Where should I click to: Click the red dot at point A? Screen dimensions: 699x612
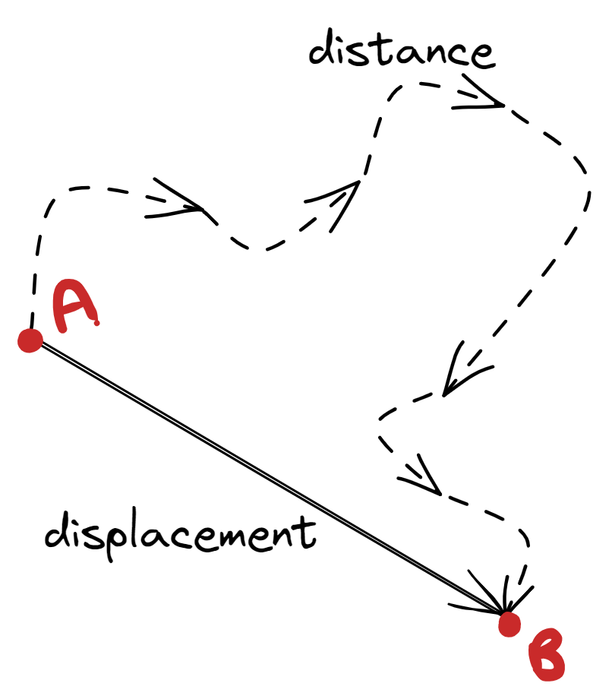30,340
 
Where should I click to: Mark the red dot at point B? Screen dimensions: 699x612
509,625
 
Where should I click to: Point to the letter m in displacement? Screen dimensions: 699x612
233,535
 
